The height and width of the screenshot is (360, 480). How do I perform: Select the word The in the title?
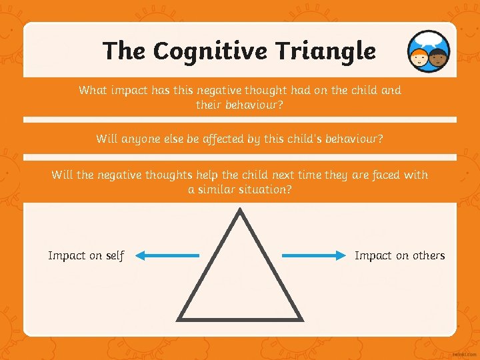coord(125,51)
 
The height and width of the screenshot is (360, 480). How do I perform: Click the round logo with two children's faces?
coord(429,51)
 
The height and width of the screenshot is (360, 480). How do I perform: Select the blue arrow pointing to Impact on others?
coord(311,255)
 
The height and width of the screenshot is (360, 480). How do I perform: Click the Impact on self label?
coord(86,256)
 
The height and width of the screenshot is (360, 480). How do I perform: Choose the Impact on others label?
coord(399,256)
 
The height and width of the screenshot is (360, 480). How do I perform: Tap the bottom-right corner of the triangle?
coord(301,319)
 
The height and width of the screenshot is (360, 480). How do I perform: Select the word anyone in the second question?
coord(144,139)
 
